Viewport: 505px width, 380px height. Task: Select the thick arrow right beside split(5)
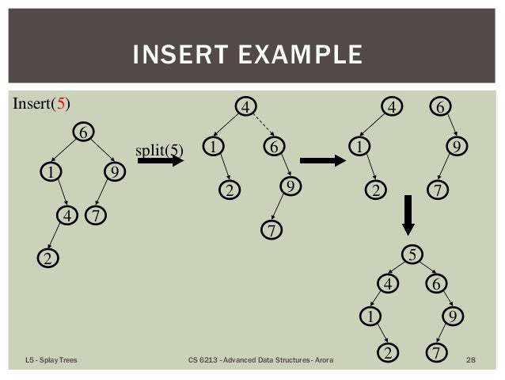[161, 161]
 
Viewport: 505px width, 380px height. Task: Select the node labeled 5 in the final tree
[412, 255]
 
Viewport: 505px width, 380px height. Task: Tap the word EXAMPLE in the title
[303, 56]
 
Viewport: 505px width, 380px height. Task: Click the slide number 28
[471, 362]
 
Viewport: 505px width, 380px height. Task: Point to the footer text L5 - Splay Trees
[50, 362]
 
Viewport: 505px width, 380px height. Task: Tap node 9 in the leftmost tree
[116, 171]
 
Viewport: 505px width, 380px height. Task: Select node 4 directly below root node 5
[388, 283]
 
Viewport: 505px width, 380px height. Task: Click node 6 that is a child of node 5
[436, 283]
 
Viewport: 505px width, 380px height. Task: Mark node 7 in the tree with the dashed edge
[271, 231]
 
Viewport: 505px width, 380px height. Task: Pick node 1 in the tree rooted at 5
[368, 316]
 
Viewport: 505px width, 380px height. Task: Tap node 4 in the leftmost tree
[70, 214]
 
